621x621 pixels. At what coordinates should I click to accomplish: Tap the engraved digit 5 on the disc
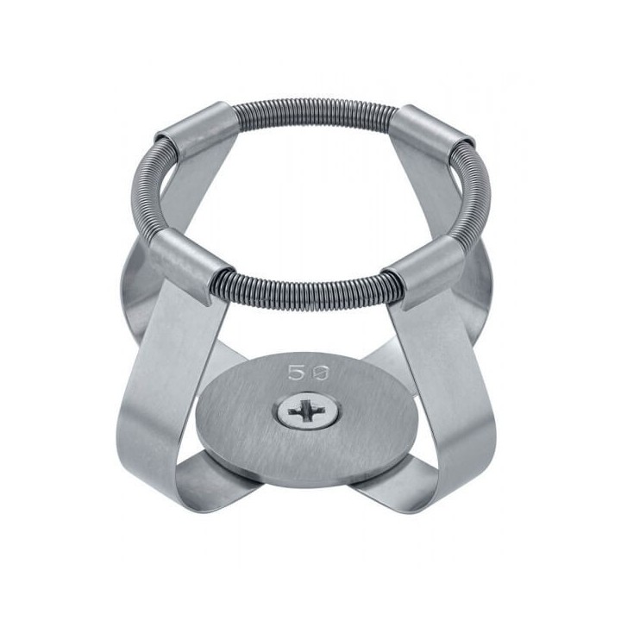294,373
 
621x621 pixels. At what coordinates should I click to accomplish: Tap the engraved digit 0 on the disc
320,373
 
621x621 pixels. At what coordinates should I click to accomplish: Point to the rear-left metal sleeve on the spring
194,129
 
